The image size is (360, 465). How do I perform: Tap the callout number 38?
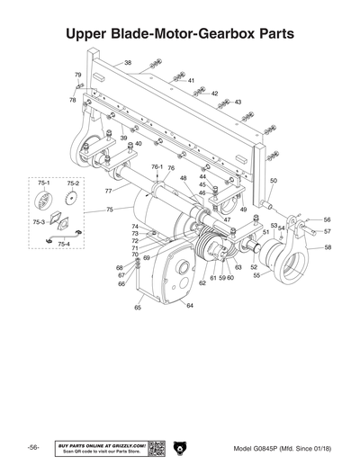[127, 63]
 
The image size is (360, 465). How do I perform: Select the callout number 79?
[77, 75]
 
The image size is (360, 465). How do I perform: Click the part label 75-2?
[72, 183]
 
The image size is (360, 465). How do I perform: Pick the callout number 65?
[138, 308]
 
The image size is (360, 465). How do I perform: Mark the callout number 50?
[274, 181]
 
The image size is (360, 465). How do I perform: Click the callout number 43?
[238, 103]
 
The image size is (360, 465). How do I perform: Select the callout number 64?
[189, 306]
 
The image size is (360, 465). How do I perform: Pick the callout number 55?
[256, 276]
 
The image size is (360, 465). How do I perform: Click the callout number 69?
[146, 258]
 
